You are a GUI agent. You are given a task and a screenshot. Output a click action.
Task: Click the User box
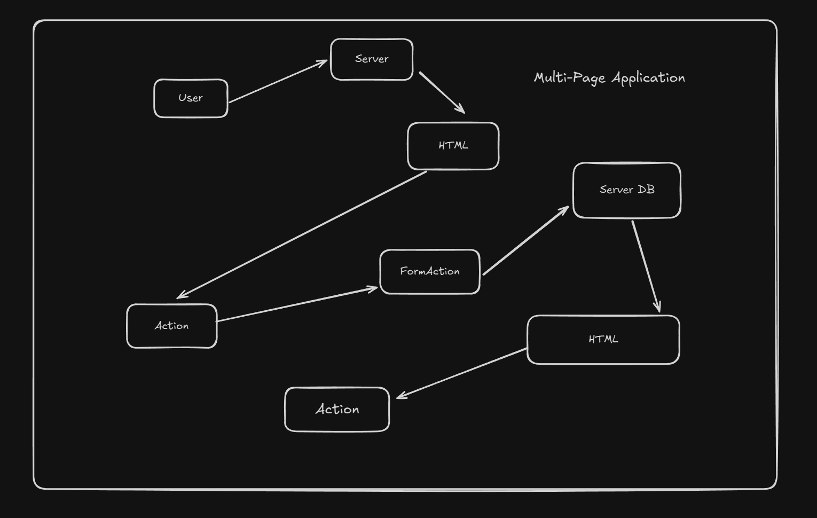click(x=191, y=98)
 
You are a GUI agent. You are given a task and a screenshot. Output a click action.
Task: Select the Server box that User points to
click(x=372, y=59)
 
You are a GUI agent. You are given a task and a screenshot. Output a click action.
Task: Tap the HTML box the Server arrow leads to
click(x=453, y=146)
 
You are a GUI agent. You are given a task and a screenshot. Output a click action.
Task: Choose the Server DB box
click(x=626, y=190)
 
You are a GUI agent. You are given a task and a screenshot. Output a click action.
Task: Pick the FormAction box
click(x=429, y=271)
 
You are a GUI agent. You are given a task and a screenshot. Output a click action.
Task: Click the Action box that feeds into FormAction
click(x=171, y=326)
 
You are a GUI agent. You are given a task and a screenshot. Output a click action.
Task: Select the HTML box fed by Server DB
click(x=603, y=340)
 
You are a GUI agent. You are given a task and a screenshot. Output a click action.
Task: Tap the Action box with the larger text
click(x=337, y=410)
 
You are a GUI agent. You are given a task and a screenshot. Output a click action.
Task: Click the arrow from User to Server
click(x=278, y=81)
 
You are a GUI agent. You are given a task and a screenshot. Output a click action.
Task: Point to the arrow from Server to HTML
click(x=442, y=92)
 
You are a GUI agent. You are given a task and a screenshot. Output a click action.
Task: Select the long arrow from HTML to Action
click(x=302, y=235)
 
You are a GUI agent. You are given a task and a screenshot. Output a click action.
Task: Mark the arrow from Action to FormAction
click(x=297, y=304)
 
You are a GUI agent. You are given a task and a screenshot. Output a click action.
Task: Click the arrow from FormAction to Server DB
click(x=525, y=241)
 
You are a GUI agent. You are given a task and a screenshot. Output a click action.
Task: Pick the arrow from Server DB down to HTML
click(x=646, y=266)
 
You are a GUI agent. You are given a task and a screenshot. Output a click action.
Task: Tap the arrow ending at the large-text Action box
click(x=462, y=373)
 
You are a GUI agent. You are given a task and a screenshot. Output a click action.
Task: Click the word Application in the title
click(x=648, y=79)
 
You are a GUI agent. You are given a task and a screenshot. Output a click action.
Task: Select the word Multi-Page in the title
click(x=569, y=78)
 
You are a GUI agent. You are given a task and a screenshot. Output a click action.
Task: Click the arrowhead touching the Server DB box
click(x=565, y=209)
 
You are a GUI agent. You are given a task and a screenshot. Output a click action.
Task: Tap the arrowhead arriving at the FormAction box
click(x=373, y=288)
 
